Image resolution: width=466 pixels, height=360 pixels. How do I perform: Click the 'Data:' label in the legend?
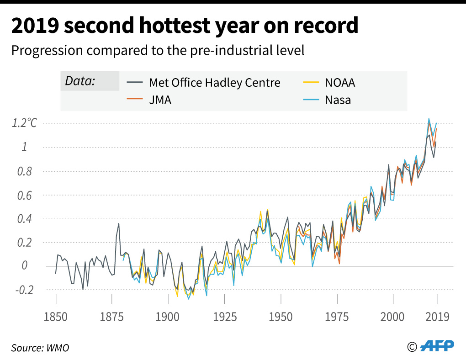click(x=80, y=81)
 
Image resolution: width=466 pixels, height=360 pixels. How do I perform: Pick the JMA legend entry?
click(x=160, y=100)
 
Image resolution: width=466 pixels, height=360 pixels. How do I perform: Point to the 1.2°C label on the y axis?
click(x=25, y=123)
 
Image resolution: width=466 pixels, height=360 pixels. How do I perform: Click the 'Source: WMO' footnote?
click(x=40, y=348)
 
